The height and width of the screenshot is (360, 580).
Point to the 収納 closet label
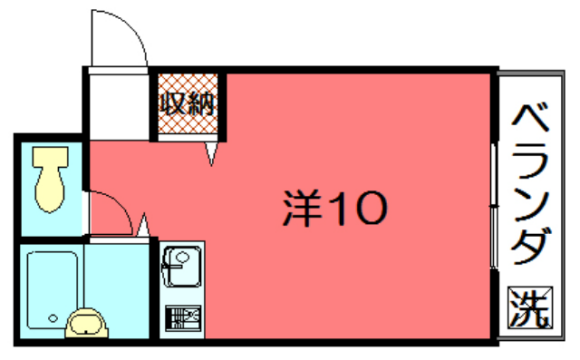(183, 102)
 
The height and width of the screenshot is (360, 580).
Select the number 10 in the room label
(354, 208)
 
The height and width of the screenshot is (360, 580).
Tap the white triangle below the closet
(211, 152)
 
